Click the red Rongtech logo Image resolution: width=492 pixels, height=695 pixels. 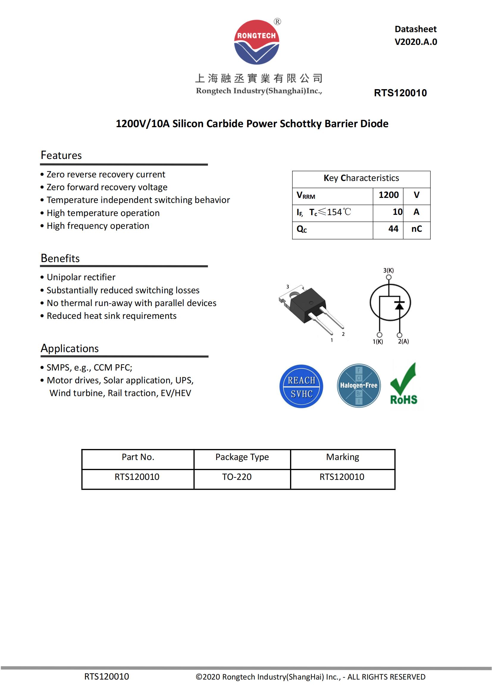coord(256,42)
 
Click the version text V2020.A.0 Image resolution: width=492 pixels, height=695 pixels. coord(415,42)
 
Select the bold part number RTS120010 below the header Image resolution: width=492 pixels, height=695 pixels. coord(400,93)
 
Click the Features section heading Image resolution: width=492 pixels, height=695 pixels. coord(61,155)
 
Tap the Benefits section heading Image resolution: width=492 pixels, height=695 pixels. coord(60,258)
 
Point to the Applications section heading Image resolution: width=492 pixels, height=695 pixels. coord(70,349)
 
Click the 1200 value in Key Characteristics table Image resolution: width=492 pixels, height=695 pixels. coord(388,195)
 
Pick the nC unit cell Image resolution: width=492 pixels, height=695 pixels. coord(416,229)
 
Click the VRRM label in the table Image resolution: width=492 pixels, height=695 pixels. coord(305,195)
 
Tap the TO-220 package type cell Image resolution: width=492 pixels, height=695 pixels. coord(236,477)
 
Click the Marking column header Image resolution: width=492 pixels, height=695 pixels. coord(342,457)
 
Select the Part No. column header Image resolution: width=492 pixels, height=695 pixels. coord(138,457)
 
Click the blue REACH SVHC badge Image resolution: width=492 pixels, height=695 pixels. coord(301,386)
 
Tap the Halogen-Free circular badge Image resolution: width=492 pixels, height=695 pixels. coord(359,386)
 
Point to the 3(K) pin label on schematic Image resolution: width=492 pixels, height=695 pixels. coord(388,270)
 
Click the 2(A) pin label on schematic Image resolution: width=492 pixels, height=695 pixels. coord(403,341)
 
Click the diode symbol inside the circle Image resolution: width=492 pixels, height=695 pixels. coord(399,306)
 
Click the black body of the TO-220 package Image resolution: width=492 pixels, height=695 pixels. coord(307,306)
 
